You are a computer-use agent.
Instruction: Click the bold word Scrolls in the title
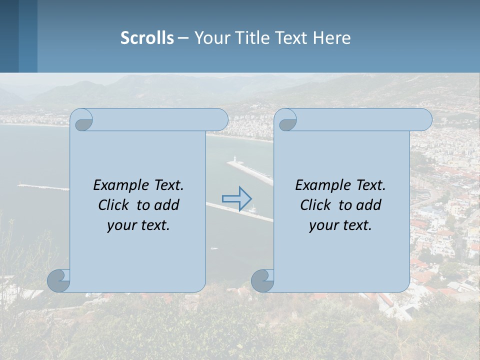point(147,38)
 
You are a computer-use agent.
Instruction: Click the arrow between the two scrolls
point(237,198)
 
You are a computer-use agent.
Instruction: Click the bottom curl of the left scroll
point(58,280)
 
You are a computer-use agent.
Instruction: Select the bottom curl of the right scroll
point(262,280)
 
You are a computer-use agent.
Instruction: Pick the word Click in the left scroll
point(114,205)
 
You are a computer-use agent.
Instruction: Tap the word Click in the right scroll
point(316,205)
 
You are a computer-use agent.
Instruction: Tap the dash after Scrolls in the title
point(183,38)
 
